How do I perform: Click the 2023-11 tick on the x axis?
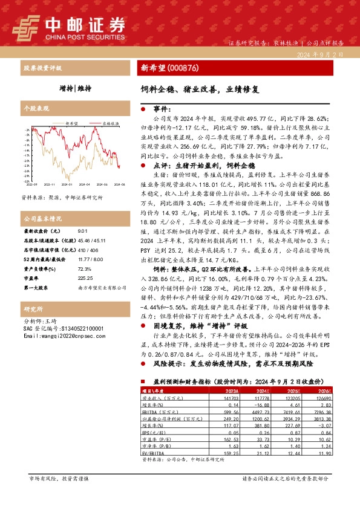pyautogui.click(x=50, y=184)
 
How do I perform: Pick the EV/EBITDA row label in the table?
pyautogui.click(x=155, y=453)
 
